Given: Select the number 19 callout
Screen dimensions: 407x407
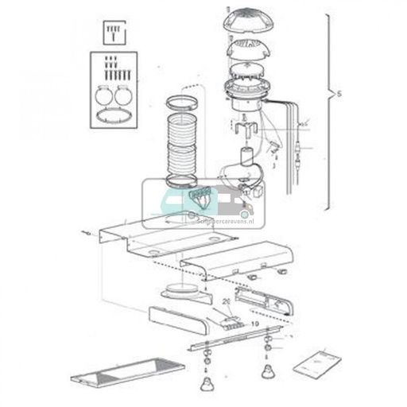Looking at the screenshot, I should point(255,325).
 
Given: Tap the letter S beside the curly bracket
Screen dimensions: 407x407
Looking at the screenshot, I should point(339,95).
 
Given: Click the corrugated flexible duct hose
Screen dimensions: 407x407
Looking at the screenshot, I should point(186,147).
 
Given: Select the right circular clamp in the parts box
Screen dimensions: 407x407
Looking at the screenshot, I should point(122,94).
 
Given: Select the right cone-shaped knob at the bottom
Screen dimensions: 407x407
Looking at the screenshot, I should point(266,374).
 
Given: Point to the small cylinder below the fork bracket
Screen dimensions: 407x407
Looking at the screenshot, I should point(246,155).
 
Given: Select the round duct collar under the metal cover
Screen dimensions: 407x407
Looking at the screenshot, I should point(187,287).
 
